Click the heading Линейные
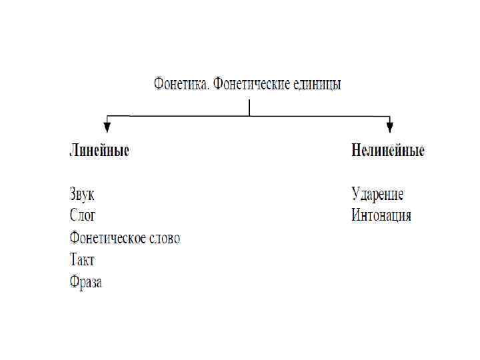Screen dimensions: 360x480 (99, 150)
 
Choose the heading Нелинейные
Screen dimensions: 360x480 (388, 150)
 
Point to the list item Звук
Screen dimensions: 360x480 (83, 194)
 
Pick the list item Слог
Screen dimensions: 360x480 (83, 216)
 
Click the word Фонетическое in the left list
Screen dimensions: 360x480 (107, 238)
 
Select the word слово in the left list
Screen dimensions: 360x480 (163, 238)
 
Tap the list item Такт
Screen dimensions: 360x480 (82, 260)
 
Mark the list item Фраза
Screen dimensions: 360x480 (86, 282)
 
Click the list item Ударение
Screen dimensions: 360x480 (377, 194)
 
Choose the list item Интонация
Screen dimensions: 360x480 (381, 216)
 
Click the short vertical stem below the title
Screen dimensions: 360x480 (249, 108)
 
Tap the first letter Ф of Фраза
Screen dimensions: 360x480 (75, 282)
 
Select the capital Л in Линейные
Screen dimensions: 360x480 (74, 150)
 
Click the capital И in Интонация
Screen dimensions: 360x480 (357, 216)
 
